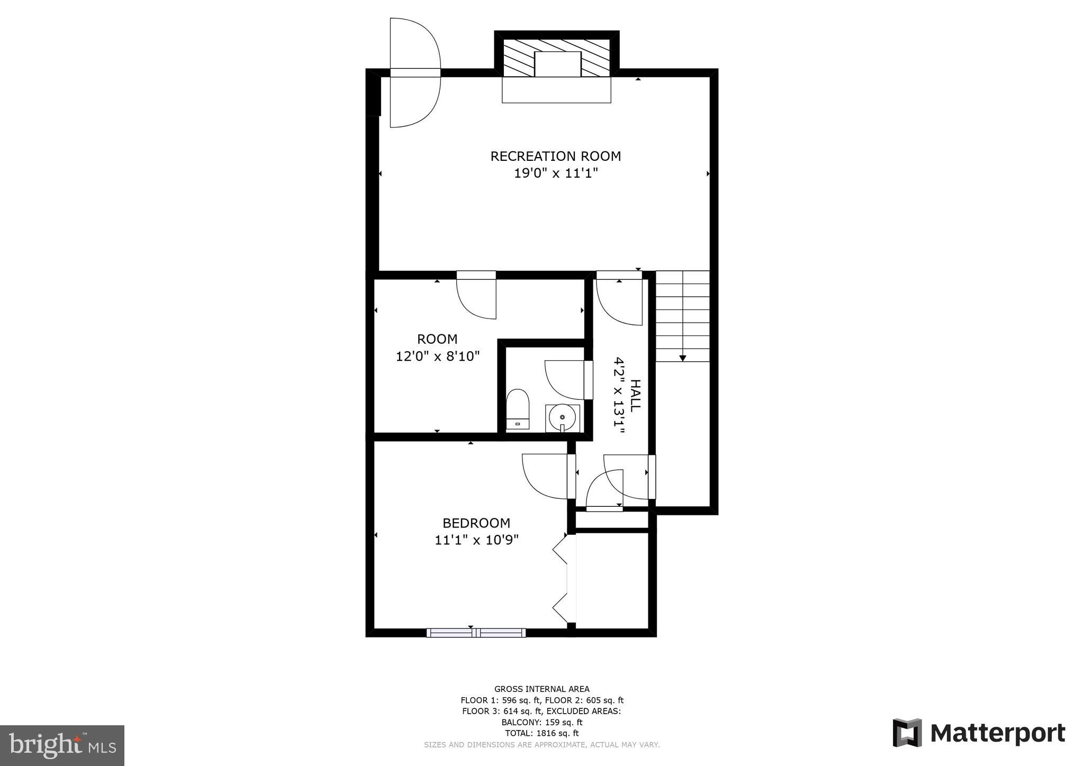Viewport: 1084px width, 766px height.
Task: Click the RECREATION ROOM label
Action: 555,156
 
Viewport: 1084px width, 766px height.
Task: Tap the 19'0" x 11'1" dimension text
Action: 555,174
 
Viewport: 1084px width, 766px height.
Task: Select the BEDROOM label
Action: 476,523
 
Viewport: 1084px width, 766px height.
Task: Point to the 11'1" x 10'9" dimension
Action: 476,540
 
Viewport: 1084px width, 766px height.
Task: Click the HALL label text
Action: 635,395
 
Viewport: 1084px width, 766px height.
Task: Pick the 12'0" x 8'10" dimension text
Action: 438,356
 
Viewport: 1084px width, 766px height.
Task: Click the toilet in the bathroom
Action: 518,408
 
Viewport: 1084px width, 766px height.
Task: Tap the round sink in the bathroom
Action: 562,417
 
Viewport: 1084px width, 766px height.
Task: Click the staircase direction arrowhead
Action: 682,358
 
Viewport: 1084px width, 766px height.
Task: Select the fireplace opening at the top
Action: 557,64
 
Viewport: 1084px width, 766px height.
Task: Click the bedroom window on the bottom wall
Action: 476,632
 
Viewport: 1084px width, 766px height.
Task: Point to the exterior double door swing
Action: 414,73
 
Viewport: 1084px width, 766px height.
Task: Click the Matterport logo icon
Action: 907,733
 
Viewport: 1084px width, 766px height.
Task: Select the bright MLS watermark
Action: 62,745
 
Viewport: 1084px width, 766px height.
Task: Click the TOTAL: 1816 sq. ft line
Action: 541,733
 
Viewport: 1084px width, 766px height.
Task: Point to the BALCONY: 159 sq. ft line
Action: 541,722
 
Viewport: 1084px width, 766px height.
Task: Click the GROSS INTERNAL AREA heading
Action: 541,689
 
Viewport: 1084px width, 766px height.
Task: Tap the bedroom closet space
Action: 612,580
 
